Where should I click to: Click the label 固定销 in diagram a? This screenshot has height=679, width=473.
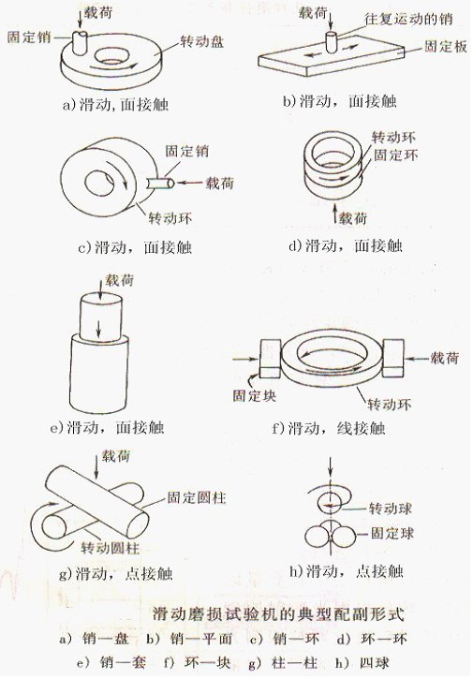(29, 37)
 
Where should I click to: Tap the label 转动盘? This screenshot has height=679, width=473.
(202, 41)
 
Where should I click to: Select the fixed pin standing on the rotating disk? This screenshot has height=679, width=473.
(80, 42)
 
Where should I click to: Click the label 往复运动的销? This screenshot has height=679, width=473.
(408, 19)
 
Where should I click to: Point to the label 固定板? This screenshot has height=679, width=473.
(445, 46)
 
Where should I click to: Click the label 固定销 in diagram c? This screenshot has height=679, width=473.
(186, 151)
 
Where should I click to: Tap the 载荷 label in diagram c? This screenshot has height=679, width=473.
(219, 183)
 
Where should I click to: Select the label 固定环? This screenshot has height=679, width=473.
(395, 155)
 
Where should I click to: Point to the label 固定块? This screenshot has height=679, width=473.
(254, 395)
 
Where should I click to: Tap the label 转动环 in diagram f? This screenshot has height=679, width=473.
(389, 404)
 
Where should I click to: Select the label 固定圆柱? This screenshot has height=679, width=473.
(197, 497)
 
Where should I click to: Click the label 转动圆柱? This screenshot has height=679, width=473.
(111, 548)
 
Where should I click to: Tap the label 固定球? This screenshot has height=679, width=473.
(392, 533)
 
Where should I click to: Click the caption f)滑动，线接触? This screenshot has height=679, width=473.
(329, 428)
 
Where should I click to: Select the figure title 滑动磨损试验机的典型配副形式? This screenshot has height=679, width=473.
(277, 614)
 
